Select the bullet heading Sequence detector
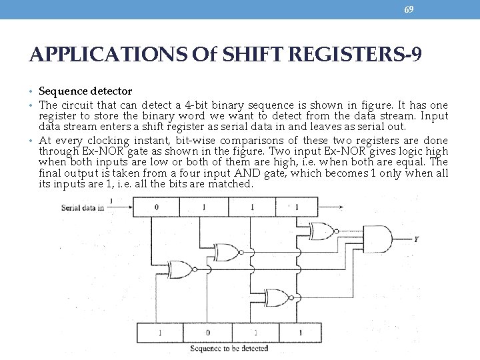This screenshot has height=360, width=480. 85,91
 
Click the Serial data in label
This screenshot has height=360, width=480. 83,207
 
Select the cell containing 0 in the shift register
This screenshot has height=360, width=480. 156,207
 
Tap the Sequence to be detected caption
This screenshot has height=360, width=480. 229,348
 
